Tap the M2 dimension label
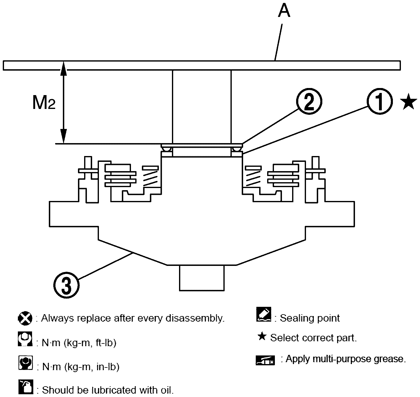click(x=44, y=103)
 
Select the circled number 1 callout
click(x=380, y=102)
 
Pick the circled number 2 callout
click(x=309, y=102)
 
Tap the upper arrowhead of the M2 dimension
click(x=63, y=67)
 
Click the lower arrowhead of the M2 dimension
click(x=63, y=138)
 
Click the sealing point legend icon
click(x=263, y=315)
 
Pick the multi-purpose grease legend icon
click(x=265, y=360)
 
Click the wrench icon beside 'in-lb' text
click(x=25, y=363)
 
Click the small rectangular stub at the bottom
click(x=202, y=278)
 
